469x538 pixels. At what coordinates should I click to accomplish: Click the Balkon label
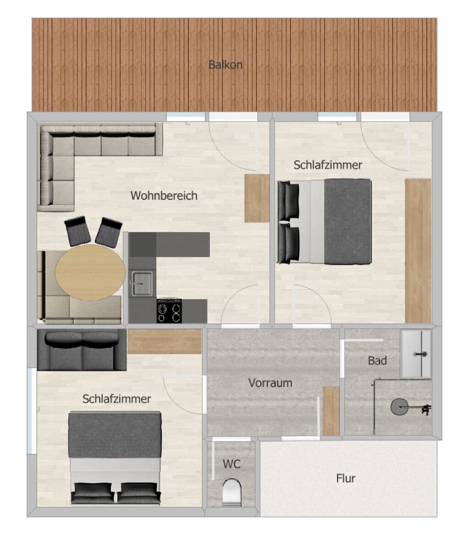(226, 65)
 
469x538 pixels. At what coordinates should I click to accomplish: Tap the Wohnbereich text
(164, 196)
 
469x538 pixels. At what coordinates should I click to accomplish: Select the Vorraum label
(270, 383)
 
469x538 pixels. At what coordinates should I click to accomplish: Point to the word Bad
(377, 360)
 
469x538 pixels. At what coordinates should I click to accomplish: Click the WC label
(232, 463)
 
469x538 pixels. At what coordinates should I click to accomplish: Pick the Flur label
(345, 478)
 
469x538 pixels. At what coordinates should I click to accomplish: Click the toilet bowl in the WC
(232, 491)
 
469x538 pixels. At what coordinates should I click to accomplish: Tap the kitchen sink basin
(142, 282)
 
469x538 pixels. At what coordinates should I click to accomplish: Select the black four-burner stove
(169, 311)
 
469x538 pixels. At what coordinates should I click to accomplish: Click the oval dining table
(90, 272)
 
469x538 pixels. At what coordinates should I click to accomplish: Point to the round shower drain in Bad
(399, 407)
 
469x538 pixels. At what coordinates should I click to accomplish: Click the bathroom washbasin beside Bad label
(416, 353)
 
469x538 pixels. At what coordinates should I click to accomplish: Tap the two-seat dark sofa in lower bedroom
(82, 350)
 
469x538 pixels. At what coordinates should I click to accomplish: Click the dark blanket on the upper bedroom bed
(348, 221)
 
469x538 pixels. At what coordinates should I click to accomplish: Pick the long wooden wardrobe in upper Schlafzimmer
(418, 250)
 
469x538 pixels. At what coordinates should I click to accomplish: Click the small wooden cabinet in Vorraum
(331, 411)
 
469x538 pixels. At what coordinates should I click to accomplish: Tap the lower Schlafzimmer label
(117, 399)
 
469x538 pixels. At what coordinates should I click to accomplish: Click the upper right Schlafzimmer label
(328, 165)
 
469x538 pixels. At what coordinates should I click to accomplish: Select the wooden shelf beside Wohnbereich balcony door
(257, 198)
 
